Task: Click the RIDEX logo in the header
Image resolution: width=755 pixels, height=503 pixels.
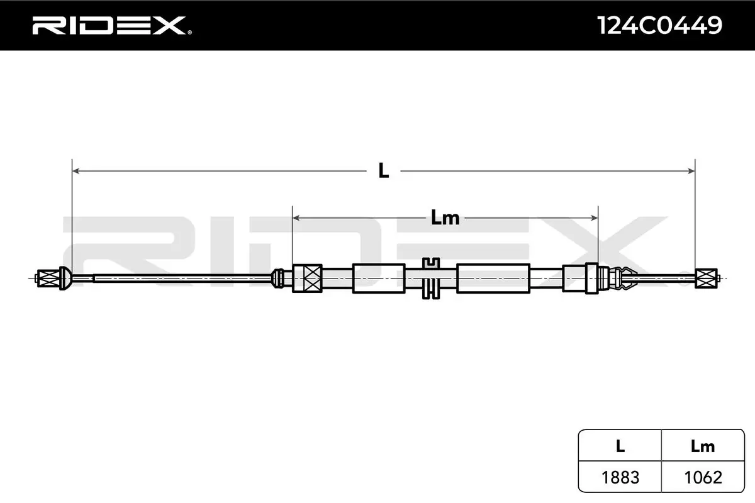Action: coord(112,25)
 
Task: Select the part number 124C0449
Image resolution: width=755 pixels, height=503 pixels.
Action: coord(659,26)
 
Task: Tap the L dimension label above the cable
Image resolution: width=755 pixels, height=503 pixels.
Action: coord(384,170)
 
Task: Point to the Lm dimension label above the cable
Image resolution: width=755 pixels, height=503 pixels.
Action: coord(445,218)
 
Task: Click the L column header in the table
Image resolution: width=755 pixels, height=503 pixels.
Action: coord(620,446)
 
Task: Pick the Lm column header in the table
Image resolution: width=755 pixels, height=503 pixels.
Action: coord(703,446)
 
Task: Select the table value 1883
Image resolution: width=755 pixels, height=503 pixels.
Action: coord(620,477)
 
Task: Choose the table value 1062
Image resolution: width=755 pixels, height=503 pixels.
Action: coord(703,477)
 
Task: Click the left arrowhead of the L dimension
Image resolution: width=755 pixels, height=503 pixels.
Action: coord(76,171)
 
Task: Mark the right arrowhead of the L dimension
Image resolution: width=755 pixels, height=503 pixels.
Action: coord(691,171)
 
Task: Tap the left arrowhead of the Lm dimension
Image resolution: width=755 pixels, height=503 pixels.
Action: coord(296,218)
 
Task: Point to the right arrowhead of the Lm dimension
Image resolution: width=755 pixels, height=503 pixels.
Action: coord(594,218)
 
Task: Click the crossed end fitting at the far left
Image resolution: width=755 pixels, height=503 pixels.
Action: coord(48,279)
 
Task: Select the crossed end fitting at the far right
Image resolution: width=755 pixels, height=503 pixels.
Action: coord(706,279)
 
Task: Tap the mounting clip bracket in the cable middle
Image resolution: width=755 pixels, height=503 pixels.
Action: coord(431,279)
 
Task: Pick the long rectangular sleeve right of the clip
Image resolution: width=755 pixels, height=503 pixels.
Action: coord(493,279)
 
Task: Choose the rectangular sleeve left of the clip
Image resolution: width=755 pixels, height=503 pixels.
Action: coord(379,279)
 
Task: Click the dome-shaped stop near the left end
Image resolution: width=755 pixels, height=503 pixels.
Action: coord(65,279)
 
